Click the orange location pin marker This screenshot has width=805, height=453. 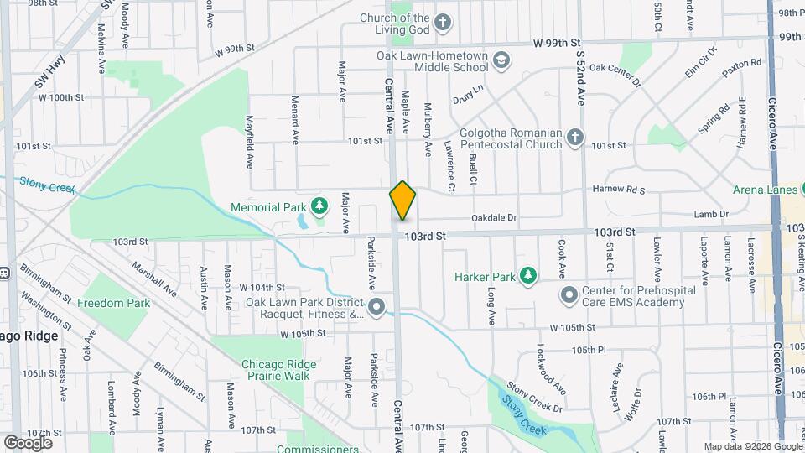pos(402,200)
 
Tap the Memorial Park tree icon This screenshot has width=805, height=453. pos(319,206)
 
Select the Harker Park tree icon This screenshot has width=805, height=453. pos(527,274)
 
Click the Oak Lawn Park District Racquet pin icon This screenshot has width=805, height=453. pos(376,307)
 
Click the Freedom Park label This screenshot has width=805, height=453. pos(113,303)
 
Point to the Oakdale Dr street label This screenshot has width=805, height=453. pos(494,217)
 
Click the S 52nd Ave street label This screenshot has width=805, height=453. pos(579,65)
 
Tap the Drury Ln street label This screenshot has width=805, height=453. pos(469,93)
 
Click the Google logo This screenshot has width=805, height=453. pos(28,443)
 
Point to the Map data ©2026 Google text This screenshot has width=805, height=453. pos(751,446)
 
